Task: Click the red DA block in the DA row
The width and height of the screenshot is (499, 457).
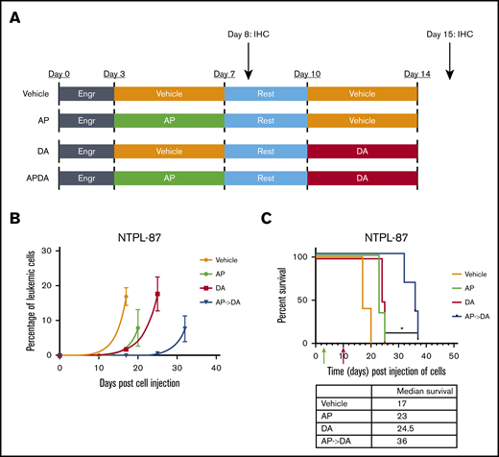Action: (362, 151)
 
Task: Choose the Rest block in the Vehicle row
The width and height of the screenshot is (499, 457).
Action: (265, 93)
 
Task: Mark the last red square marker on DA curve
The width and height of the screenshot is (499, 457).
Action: (157, 295)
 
